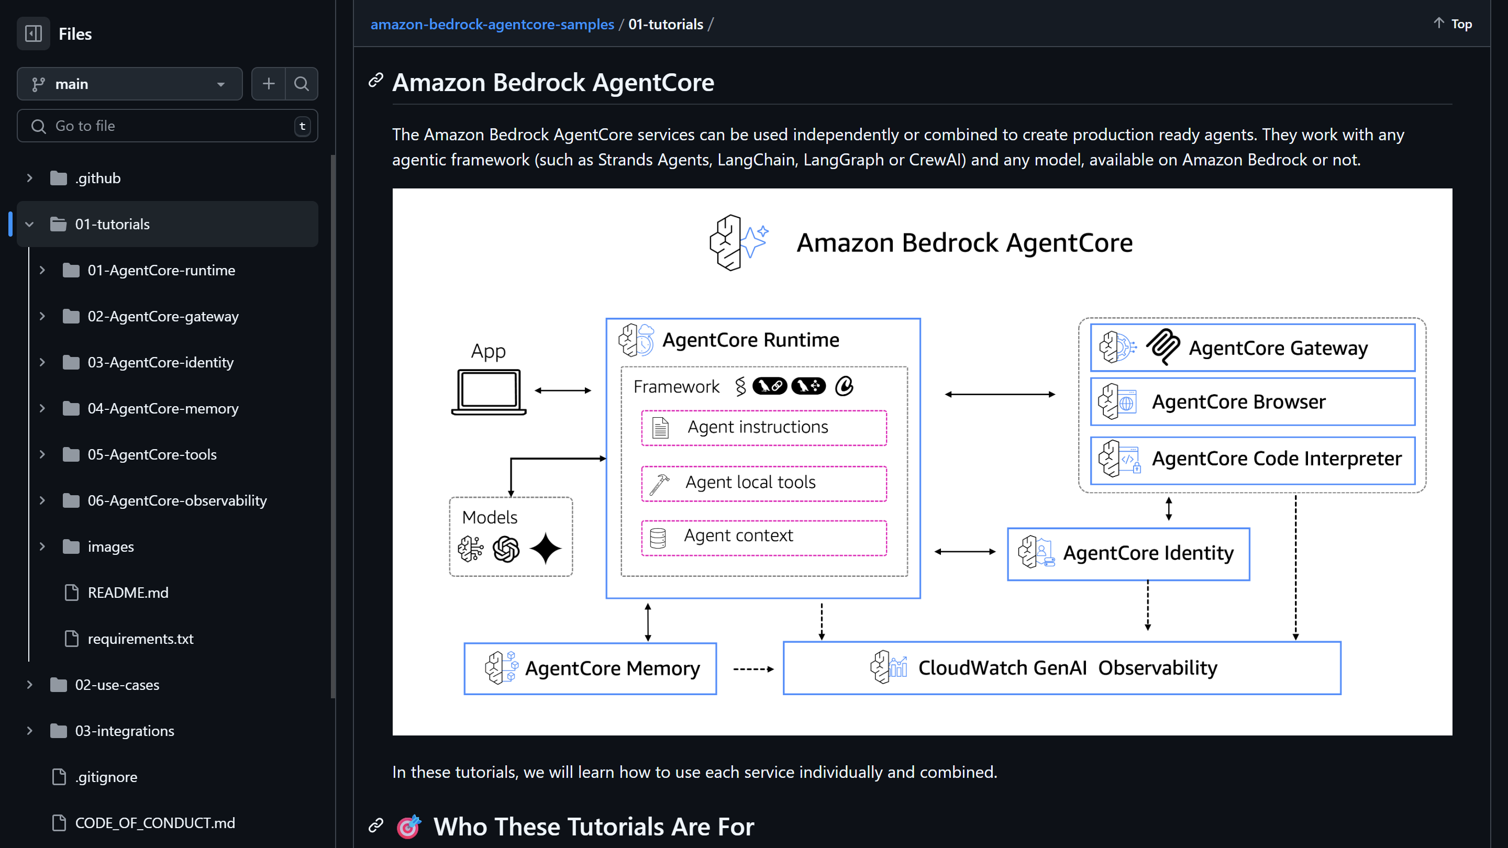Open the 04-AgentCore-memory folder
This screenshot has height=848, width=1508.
pyautogui.click(x=163, y=408)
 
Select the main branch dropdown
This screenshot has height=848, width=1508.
pyautogui.click(x=129, y=84)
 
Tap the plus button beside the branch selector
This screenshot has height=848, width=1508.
pyautogui.click(x=269, y=84)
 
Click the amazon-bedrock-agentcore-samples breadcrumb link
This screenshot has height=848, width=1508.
pyautogui.click(x=492, y=24)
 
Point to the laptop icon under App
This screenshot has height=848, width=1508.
pyautogui.click(x=489, y=392)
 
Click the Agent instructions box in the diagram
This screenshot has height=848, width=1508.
pyautogui.click(x=763, y=428)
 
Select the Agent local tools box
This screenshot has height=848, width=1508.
pyautogui.click(x=763, y=483)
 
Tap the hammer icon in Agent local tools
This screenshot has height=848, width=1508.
pyautogui.click(x=660, y=484)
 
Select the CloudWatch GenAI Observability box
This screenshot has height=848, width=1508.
pyautogui.click(x=1061, y=668)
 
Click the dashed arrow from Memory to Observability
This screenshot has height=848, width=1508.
pyautogui.click(x=753, y=669)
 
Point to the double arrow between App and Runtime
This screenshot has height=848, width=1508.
pyautogui.click(x=562, y=390)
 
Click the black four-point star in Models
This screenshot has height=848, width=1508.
pyautogui.click(x=546, y=549)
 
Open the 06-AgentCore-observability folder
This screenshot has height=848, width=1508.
pyautogui.click(x=177, y=500)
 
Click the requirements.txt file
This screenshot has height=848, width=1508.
pyautogui.click(x=140, y=639)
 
